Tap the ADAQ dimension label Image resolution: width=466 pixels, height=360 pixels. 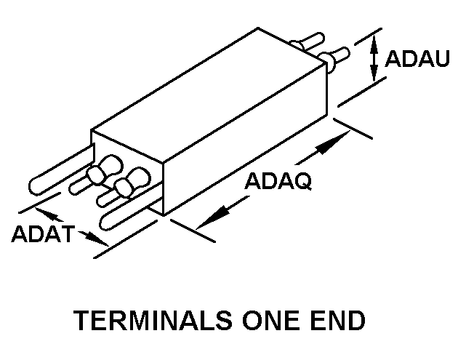tap(278, 182)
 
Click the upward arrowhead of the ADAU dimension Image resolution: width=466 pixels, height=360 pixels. tap(374, 45)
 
